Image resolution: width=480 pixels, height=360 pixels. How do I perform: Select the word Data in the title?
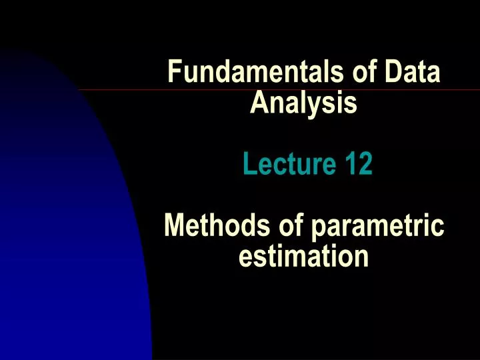414,72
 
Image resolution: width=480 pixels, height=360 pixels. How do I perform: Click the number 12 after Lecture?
358,163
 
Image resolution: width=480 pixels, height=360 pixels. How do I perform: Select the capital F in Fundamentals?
174,72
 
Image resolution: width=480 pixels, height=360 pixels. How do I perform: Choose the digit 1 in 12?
351,163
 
